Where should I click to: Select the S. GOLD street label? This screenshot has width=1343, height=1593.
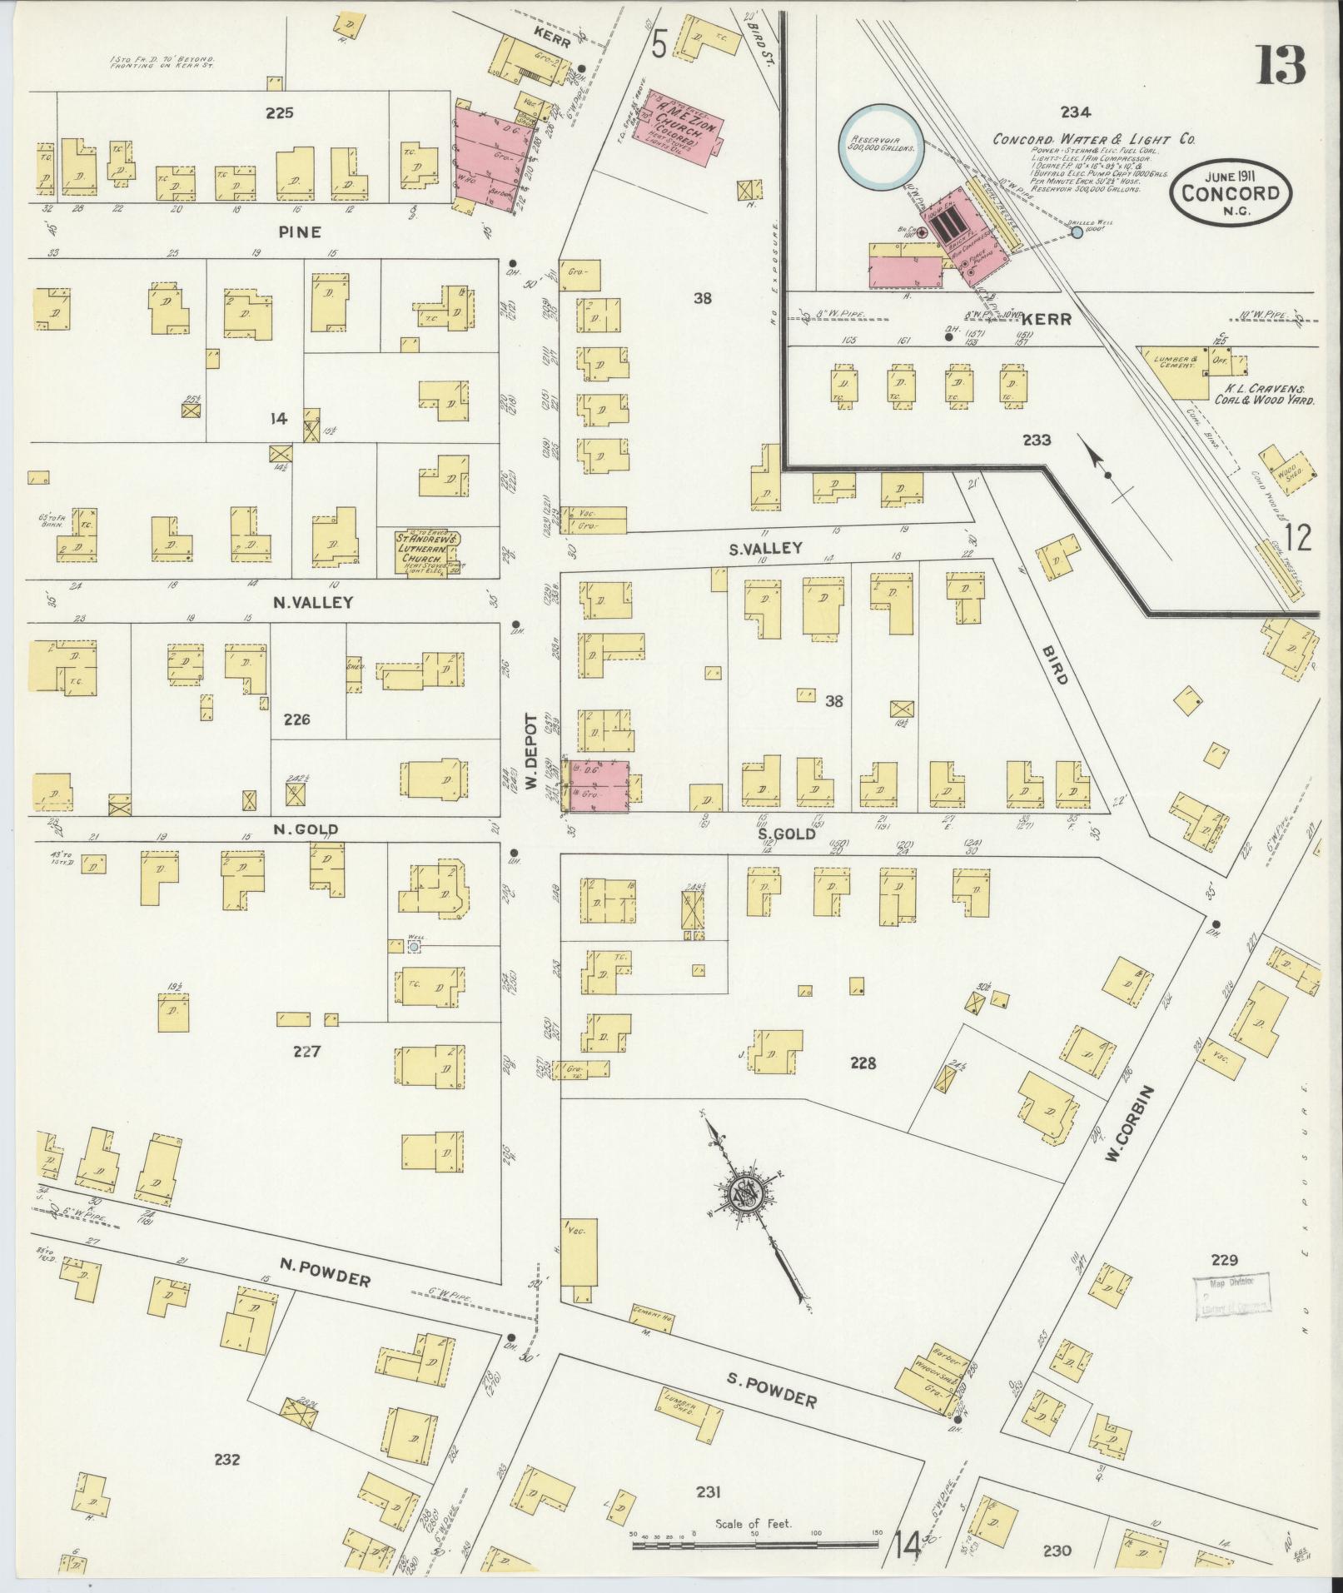coord(786,833)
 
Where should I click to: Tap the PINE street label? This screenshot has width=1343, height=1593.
coord(300,232)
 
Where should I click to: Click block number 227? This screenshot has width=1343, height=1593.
coord(307,1052)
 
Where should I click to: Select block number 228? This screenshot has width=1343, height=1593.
coord(863,1063)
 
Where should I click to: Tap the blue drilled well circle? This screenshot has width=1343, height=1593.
coord(1077,233)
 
